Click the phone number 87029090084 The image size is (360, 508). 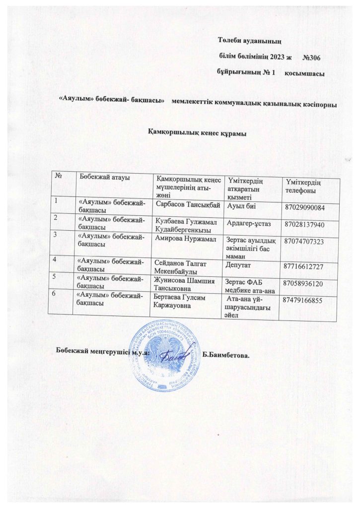(311, 207)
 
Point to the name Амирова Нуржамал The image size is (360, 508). (186, 239)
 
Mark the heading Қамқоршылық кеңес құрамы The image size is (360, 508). (198, 132)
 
